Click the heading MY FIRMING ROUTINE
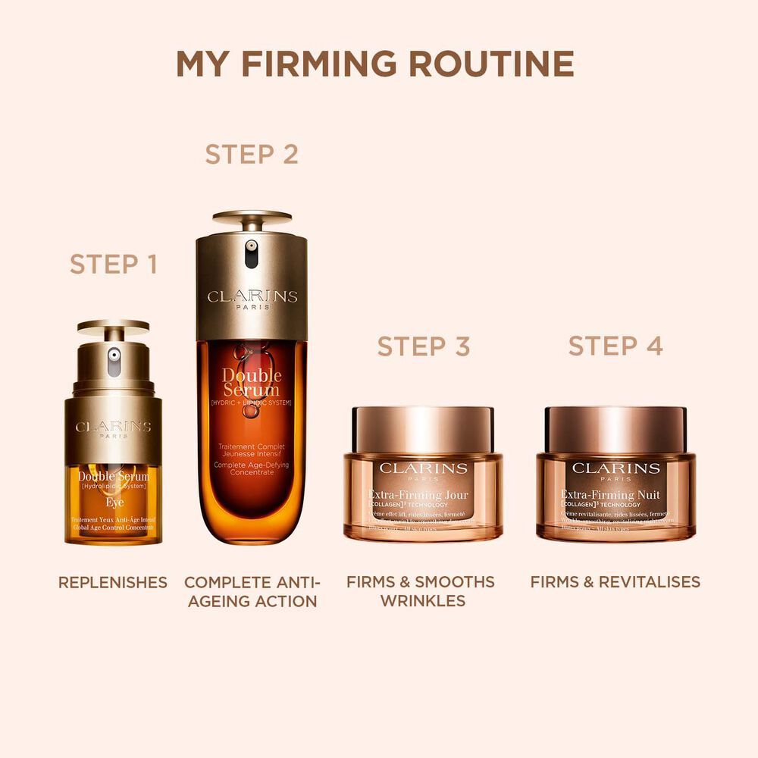coord(374,64)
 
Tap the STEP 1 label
coord(114,265)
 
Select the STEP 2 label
coord(252,154)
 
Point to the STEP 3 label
coord(424,346)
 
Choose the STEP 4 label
coord(615,346)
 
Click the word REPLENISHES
coord(113,582)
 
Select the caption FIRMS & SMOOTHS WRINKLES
coord(421,591)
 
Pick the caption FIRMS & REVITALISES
coord(615,582)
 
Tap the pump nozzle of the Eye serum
coord(114,355)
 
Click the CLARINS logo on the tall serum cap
coord(252,297)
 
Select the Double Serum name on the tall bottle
coord(252,384)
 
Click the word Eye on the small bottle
coord(114,502)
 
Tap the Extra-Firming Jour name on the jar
coord(424,496)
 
